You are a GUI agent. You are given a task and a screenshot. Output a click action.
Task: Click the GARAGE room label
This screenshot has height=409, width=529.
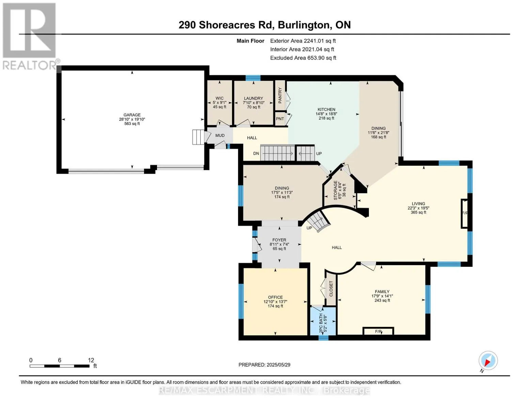coord(132,115)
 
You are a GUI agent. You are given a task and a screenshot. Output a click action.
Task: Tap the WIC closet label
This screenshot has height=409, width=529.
coord(219,98)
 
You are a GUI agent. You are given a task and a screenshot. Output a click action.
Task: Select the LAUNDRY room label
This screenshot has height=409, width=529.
coord(253,98)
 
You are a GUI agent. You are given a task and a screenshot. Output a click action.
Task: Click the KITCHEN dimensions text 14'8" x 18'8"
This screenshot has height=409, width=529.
coord(326,114)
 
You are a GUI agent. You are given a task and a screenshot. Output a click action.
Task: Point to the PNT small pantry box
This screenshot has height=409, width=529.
coord(280,119)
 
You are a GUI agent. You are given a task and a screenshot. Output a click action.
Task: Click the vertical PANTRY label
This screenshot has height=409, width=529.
coord(280,95)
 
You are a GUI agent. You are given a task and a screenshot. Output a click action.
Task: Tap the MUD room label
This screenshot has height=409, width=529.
coord(220,135)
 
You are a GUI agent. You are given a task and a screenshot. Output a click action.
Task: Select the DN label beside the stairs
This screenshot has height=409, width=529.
coord(256,153)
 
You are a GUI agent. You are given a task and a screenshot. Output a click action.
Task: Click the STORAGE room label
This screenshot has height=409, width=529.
coord(336,191)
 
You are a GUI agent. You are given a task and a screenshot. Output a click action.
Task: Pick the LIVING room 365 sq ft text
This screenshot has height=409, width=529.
coord(418,212)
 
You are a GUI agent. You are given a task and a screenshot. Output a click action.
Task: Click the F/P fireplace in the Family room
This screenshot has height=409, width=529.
coord(378,331)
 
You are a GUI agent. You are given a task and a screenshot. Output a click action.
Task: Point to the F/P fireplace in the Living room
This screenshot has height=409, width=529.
coord(465,213)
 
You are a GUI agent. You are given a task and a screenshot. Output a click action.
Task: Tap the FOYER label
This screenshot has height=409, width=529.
coord(279,240)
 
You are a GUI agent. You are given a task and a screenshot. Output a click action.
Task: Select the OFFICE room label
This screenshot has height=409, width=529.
coord(275,297)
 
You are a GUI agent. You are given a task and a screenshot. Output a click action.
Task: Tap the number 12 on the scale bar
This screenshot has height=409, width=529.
coord(91,360)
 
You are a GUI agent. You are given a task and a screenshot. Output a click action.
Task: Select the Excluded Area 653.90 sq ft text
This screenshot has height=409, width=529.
coord(303,58)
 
